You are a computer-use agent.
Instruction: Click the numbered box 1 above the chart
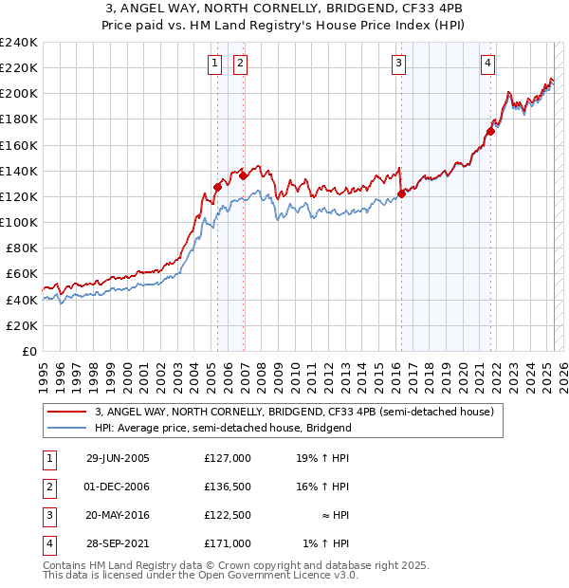point(215,64)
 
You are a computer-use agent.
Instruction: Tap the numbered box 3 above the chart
point(399,64)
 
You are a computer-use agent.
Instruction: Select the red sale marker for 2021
point(490,131)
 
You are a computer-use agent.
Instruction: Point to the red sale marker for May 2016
point(401,193)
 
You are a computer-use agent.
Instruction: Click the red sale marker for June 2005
point(218,187)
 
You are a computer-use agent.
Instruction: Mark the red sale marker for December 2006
point(243,175)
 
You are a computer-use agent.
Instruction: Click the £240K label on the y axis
point(19,43)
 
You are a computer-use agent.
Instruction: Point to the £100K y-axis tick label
point(19,222)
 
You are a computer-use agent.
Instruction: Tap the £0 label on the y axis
point(28,351)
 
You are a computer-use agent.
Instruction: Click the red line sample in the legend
point(65,413)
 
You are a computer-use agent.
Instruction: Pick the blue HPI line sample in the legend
point(65,428)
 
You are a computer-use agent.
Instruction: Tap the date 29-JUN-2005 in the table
point(118,457)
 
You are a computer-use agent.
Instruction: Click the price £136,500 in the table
point(228,487)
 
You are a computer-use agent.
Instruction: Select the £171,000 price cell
point(228,543)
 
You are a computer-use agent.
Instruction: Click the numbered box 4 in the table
point(47,543)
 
